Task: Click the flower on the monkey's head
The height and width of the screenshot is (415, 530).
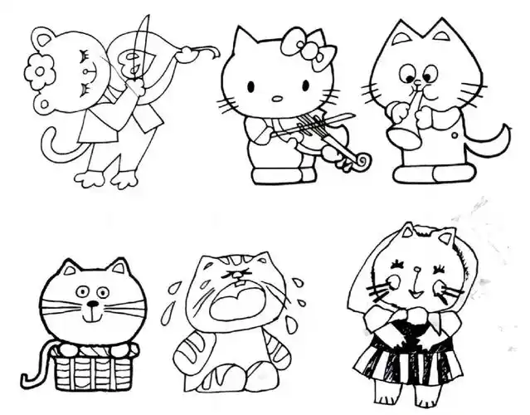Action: [x=38, y=73]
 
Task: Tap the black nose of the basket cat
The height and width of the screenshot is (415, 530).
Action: [x=90, y=305]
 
